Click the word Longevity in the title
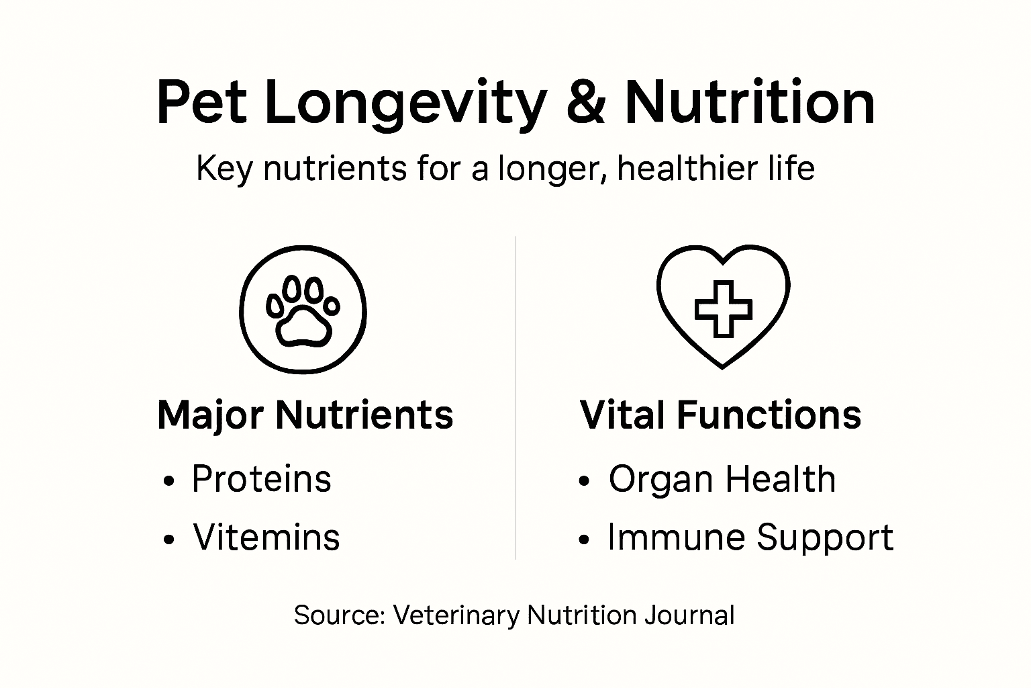[405, 104]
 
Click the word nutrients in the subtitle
[334, 168]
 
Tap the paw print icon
[303, 310]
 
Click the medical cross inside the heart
[723, 309]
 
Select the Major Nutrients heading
[305, 415]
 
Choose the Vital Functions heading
[720, 415]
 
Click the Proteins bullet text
[262, 479]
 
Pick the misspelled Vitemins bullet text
[266, 537]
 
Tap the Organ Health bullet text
[722, 479]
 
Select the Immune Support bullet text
[750, 537]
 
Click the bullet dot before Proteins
[169, 481]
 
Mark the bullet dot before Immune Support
[585, 540]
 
